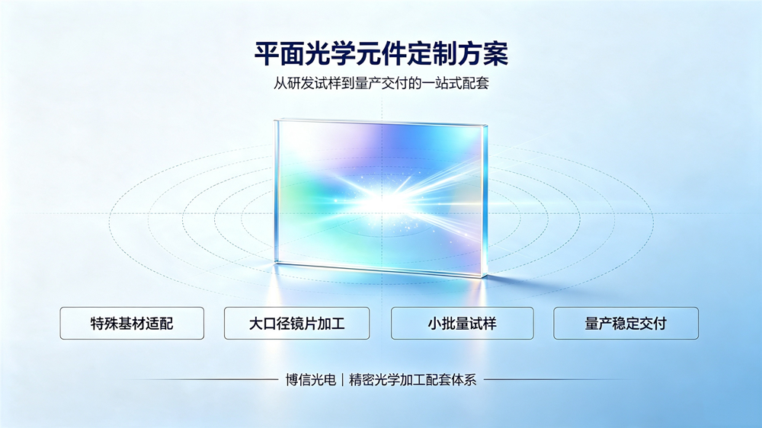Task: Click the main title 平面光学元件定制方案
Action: point(381,53)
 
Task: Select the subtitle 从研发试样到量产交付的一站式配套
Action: point(381,83)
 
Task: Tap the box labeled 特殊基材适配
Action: point(132,323)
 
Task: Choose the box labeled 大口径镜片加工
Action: point(297,323)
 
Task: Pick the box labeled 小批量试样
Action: point(463,323)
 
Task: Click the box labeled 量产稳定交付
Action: point(626,323)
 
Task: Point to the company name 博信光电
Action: point(311,379)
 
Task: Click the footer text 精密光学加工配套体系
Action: point(412,379)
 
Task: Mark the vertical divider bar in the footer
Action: point(343,379)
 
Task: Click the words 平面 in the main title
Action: point(280,53)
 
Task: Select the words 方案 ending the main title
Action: point(483,53)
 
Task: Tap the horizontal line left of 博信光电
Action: point(197,379)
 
